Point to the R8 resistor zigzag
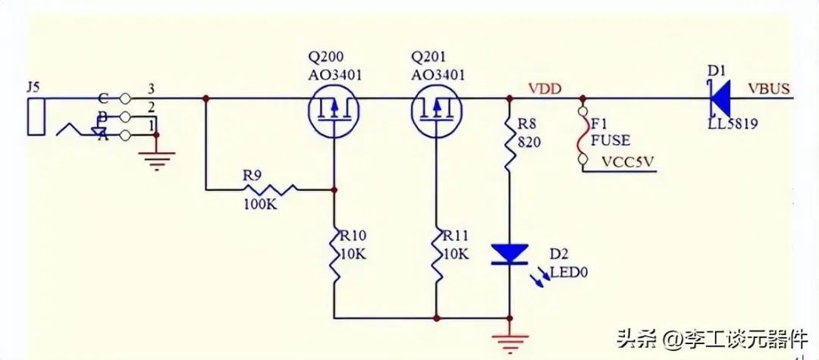click(509, 142)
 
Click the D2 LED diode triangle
click(510, 254)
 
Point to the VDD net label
click(545, 89)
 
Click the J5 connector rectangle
click(35, 115)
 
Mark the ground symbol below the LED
click(509, 341)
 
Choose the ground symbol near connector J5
click(155, 158)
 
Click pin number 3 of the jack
click(151, 87)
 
